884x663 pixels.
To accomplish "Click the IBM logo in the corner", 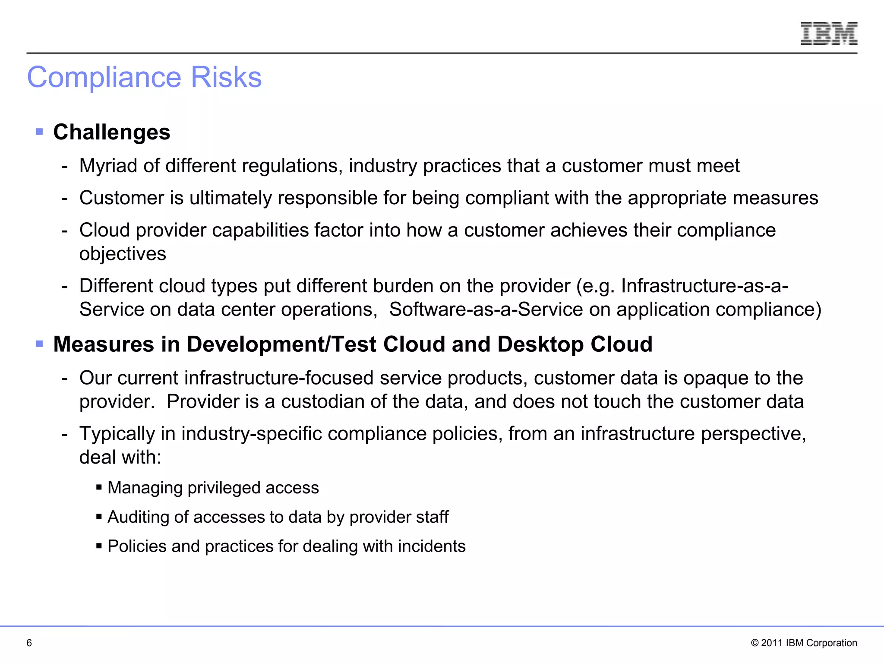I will click(829, 34).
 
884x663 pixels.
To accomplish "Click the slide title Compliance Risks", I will click(144, 77).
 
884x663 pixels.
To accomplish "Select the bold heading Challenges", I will click(112, 132).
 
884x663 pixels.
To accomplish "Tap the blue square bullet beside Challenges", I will click(40, 131).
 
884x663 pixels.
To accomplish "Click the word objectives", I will click(123, 254).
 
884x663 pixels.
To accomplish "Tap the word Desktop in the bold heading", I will click(540, 344).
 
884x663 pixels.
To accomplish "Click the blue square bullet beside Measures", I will click(40, 344).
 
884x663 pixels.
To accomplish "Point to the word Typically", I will click(117, 434).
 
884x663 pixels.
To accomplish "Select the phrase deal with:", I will click(120, 458).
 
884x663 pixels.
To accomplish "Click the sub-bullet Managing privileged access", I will click(213, 488).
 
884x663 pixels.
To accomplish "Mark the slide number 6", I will click(29, 643).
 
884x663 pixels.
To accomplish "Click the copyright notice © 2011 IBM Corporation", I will click(804, 643).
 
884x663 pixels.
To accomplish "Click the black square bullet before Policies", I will click(99, 546).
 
